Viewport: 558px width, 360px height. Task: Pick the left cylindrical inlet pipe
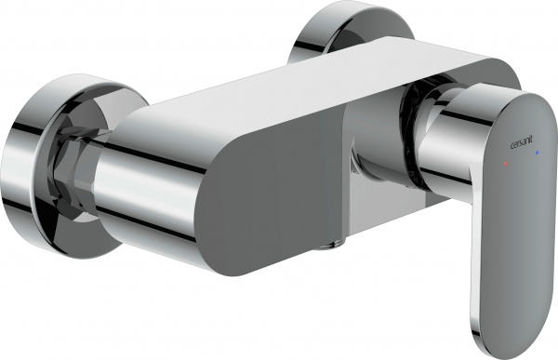(x=139, y=195)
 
